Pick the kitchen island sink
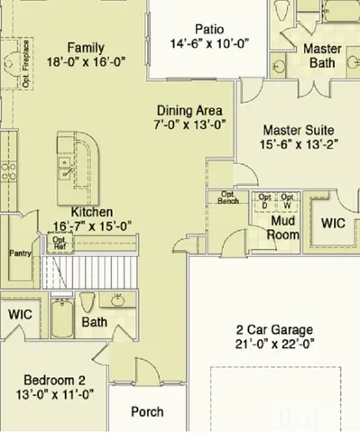[65, 164]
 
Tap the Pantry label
[21, 253]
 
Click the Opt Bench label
[228, 198]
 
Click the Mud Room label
[283, 228]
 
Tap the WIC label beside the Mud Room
[333, 221]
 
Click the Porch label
[147, 411]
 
